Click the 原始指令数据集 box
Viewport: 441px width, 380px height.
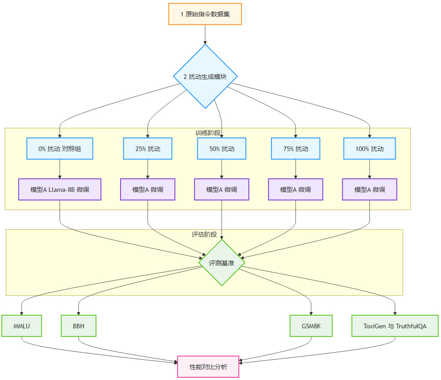coord(205,14)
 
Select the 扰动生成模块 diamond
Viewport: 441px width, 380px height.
coord(205,77)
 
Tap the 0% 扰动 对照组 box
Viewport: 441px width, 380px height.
coord(60,149)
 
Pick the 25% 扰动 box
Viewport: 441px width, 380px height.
coord(148,149)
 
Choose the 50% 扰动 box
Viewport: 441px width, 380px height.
coord(222,149)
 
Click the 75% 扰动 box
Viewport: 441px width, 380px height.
coord(296,149)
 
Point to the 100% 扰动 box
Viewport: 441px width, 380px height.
coord(369,149)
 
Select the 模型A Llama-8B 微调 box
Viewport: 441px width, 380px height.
coord(60,190)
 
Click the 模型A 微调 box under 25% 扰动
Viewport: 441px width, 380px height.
coord(148,190)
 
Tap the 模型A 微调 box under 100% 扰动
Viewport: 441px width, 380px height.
coord(369,190)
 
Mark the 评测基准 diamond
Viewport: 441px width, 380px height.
coord(222,263)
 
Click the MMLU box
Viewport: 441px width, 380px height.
coord(22,326)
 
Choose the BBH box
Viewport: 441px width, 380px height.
coord(78,326)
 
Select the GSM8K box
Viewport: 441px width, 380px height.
coord(311,326)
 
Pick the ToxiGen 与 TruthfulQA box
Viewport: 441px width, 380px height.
coord(395,326)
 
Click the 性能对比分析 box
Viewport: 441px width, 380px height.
coord(208,367)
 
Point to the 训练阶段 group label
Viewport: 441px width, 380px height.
coord(207,132)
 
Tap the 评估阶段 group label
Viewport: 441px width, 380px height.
coord(204,234)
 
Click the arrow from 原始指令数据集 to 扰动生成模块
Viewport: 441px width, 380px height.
coord(205,34)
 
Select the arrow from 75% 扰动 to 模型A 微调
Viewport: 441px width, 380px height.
coord(296,169)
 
